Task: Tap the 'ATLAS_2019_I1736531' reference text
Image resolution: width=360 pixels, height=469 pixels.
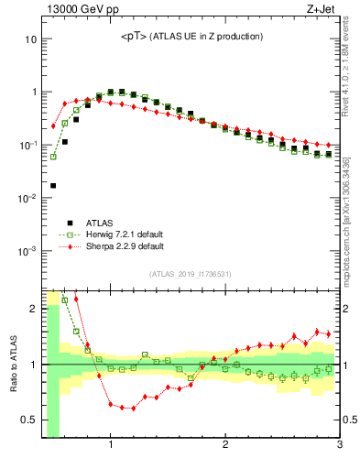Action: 191,274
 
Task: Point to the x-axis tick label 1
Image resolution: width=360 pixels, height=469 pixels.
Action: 111,446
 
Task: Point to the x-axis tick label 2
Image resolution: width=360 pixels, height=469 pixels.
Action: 225,446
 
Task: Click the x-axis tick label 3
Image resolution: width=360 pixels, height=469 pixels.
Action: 339,446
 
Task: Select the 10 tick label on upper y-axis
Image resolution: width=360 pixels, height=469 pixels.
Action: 30,40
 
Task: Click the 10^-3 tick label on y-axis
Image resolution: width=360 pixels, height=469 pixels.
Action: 27,251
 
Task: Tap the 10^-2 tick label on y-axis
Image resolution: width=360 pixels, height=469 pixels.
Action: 27,199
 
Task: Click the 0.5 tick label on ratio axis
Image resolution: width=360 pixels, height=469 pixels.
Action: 28,421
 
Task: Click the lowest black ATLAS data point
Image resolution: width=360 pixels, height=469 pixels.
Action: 53,186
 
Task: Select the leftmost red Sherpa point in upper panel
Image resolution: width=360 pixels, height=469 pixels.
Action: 53,126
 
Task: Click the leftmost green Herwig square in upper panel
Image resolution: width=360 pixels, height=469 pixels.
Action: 53,157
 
